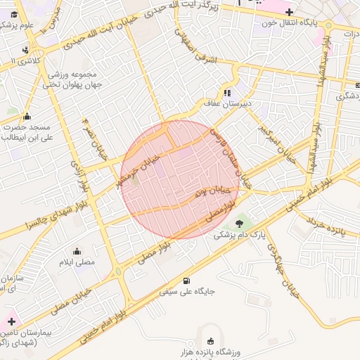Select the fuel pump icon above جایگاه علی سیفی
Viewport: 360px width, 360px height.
point(186,279)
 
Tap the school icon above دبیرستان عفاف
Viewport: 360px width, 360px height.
point(227,92)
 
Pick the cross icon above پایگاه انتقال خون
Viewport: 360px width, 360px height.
point(288,11)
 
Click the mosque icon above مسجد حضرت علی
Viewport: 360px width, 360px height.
point(27,116)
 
